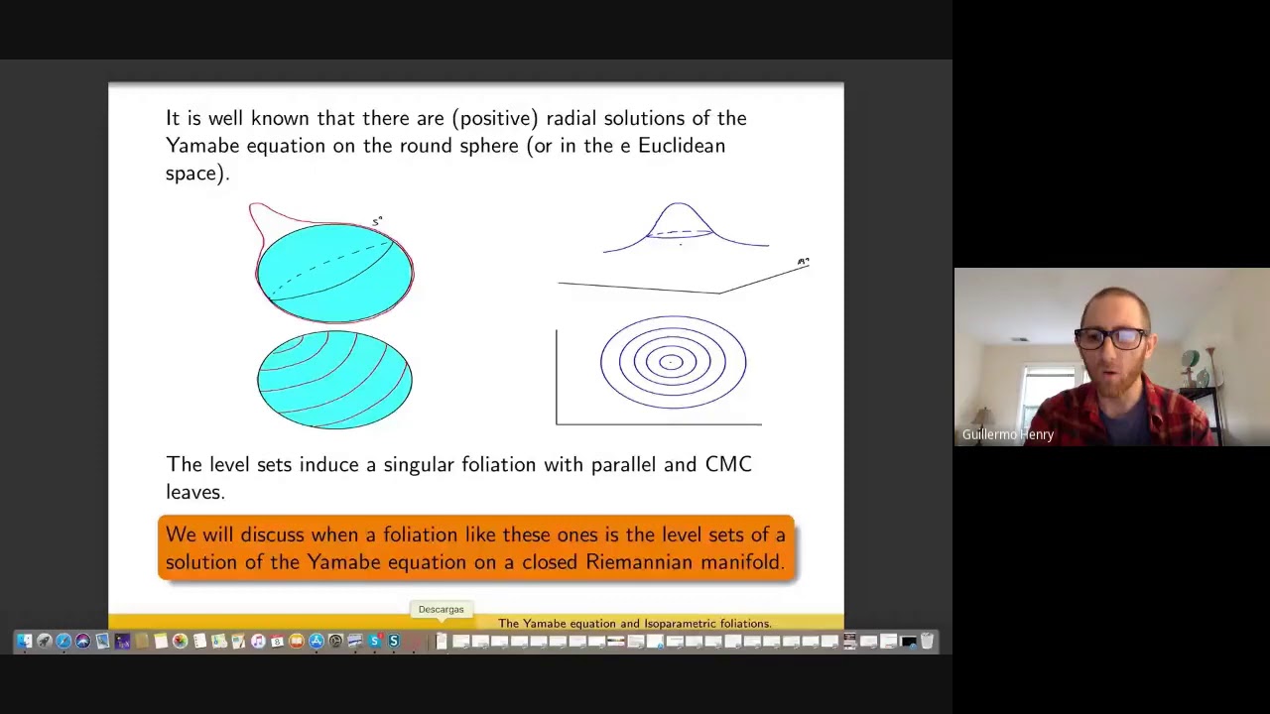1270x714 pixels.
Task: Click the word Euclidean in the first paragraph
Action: point(681,146)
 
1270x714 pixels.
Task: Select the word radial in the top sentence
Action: point(571,118)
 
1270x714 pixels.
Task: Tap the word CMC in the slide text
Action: point(728,464)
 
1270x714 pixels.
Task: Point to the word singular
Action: point(419,464)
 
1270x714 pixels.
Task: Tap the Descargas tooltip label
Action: point(441,609)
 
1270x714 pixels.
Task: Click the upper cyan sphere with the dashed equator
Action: point(334,273)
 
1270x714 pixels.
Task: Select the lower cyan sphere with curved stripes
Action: point(334,380)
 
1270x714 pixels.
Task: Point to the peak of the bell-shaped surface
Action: point(680,205)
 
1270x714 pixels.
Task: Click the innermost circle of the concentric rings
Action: point(672,362)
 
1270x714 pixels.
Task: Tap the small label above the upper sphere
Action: point(377,221)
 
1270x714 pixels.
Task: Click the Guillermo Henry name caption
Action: point(1007,434)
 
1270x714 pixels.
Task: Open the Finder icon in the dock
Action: point(24,642)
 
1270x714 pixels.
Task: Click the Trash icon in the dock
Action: point(927,642)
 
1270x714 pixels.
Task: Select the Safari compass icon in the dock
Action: point(63,642)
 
